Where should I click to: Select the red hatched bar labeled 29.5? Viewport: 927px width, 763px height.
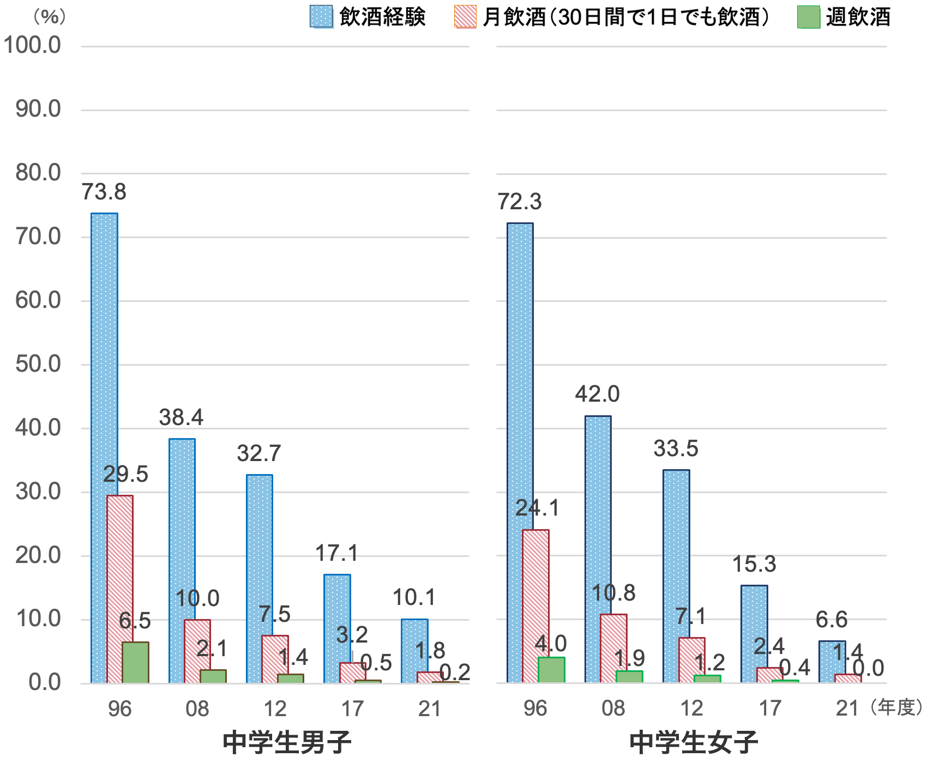point(120,589)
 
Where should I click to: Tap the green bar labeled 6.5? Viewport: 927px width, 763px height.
point(135,662)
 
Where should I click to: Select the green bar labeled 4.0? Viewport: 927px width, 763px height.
point(551,670)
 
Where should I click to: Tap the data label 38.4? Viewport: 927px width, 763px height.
point(181,417)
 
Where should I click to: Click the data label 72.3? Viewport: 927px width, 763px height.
point(520,202)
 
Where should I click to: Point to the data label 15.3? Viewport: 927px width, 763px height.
point(754,565)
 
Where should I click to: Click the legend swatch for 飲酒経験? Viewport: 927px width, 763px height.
point(322,17)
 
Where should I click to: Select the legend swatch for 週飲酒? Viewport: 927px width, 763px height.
point(809,17)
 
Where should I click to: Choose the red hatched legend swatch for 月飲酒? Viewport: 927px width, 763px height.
point(465,17)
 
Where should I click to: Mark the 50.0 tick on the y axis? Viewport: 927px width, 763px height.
point(38,365)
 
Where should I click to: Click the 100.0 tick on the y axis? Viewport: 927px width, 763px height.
point(33,46)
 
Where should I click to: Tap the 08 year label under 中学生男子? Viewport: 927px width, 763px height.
point(197,708)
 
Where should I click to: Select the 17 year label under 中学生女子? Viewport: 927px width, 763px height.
point(770,708)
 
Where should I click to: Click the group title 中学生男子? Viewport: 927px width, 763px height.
point(287,742)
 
